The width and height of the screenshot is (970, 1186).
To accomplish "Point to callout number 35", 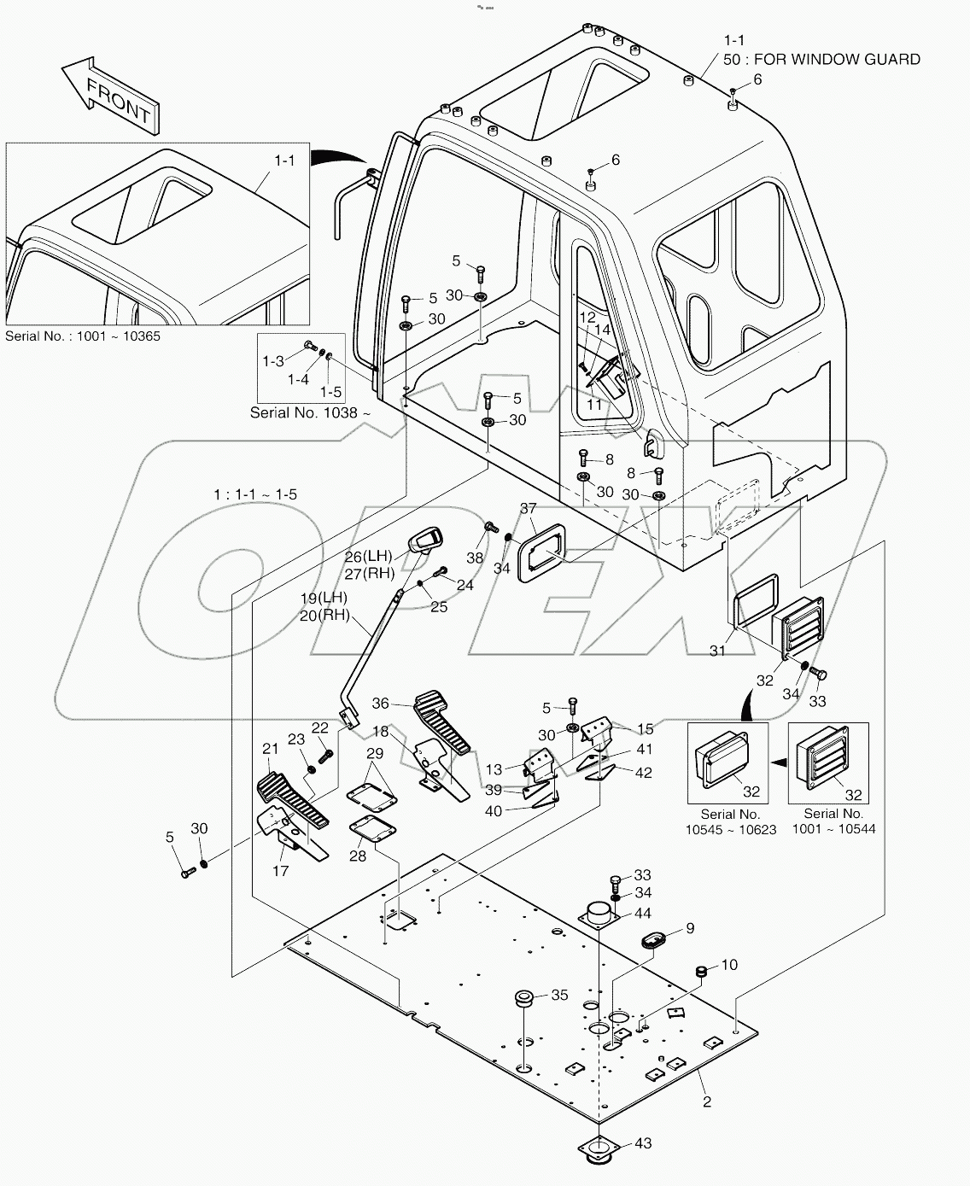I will (559, 995).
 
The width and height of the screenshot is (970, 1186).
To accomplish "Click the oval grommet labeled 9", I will (655, 940).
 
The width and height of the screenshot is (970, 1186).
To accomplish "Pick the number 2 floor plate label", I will (706, 1101).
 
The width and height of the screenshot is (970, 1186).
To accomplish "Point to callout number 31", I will (718, 651).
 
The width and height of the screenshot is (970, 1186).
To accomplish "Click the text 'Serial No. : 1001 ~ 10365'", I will (83, 336).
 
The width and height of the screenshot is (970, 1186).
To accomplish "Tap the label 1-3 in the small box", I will (273, 361).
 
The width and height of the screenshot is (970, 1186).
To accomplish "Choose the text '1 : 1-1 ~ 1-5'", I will (255, 494).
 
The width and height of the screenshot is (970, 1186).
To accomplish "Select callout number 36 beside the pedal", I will (381, 704).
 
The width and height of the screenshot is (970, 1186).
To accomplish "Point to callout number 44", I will (643, 914).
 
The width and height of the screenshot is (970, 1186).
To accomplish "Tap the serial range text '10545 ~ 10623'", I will (731, 829).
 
